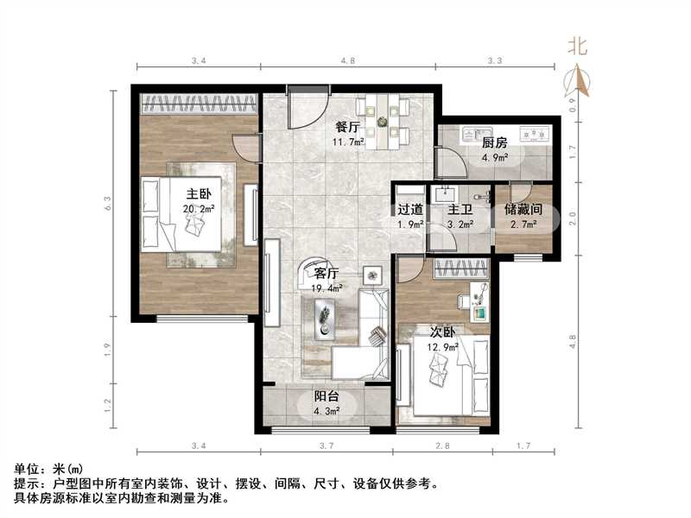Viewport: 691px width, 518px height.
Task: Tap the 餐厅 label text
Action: coord(347,127)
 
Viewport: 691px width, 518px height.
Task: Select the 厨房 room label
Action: coord(493,143)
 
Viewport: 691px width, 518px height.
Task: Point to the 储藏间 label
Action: coord(523,209)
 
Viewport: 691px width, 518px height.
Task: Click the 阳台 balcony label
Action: coord(326,397)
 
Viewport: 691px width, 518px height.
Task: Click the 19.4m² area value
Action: coord(327,288)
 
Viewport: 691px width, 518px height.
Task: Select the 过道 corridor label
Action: coord(410,209)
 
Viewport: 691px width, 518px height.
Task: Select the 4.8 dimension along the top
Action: coord(348,61)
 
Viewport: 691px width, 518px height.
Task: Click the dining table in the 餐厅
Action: coord(383,122)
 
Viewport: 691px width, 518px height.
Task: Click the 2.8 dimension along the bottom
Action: coord(444,445)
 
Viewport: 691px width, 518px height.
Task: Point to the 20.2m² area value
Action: coord(199,209)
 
